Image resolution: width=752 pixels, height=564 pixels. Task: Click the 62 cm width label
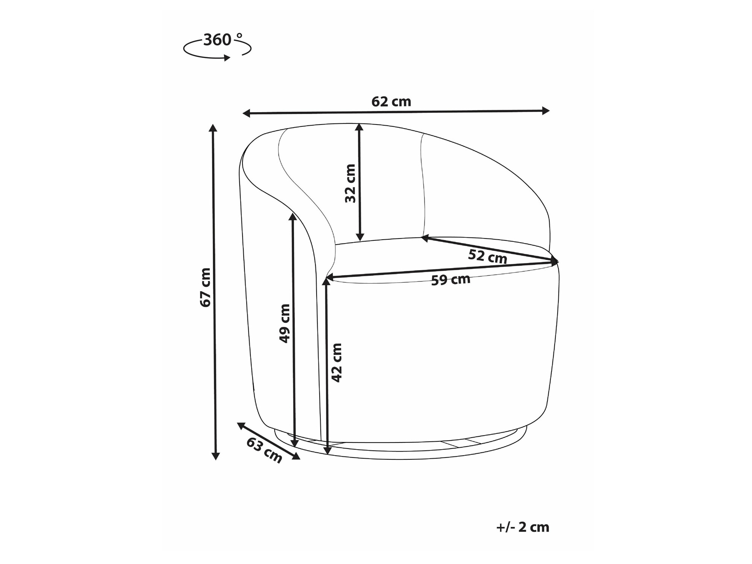click(x=391, y=102)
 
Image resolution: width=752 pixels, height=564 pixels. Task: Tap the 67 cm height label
click(x=206, y=287)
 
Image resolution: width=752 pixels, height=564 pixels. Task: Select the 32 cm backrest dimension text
click(x=350, y=183)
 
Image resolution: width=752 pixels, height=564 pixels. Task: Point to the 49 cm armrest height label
click(x=285, y=323)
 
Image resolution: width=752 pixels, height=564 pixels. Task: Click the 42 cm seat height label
click(x=337, y=363)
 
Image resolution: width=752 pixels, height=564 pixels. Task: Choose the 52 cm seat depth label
click(x=488, y=257)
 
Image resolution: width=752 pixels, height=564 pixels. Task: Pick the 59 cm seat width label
click(x=450, y=280)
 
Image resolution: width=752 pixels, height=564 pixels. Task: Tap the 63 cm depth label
click(x=264, y=450)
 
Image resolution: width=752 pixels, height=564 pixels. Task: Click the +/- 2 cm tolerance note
click(x=523, y=527)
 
